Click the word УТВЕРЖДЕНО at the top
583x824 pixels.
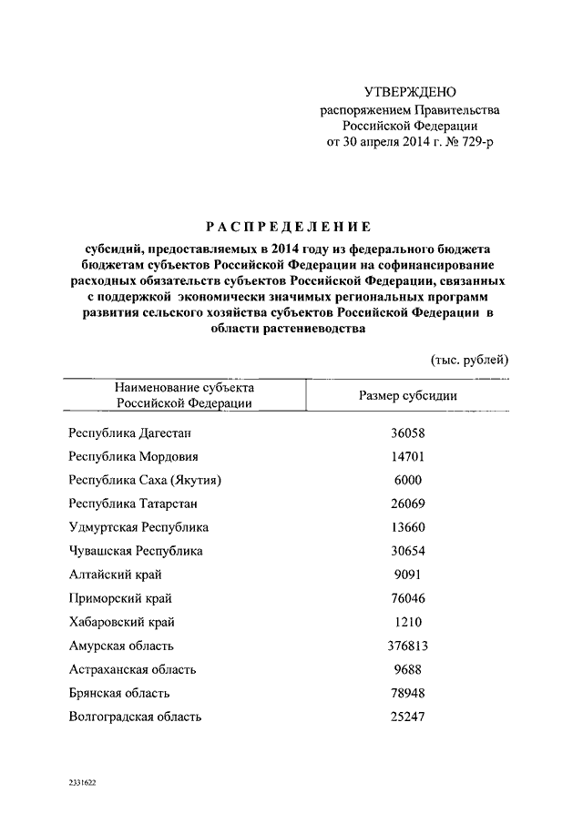point(409,93)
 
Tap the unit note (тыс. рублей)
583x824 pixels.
point(469,359)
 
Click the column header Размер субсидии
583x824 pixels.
point(407,396)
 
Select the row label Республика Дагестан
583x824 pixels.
point(131,434)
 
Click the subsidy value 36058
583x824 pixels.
point(407,434)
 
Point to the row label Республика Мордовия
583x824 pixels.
point(133,457)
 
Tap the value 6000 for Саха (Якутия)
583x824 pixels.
point(407,481)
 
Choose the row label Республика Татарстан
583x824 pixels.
point(133,504)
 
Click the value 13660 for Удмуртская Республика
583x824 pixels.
point(407,527)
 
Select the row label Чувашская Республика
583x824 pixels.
point(136,551)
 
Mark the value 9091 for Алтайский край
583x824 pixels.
point(407,575)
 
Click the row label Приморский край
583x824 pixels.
point(120,598)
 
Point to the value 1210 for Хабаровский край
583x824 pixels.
point(407,622)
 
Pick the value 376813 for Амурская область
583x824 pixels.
point(407,646)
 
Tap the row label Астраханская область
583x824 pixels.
point(132,669)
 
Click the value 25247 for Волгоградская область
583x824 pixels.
point(407,717)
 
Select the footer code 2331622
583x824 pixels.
point(82,783)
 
